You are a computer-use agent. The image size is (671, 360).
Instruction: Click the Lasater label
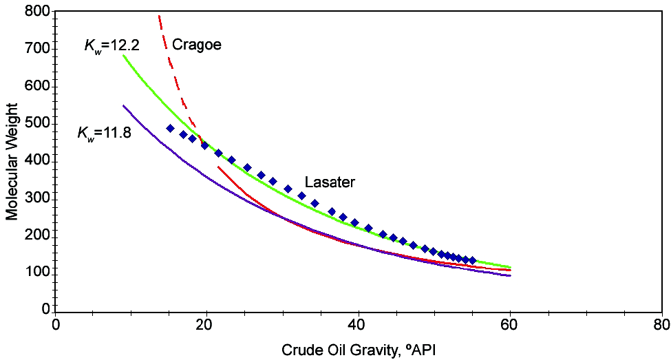point(330,182)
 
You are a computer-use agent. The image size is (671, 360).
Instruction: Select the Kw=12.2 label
point(112,47)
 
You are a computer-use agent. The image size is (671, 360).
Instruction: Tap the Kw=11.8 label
point(108,134)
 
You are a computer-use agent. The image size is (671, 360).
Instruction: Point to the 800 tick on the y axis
point(36,12)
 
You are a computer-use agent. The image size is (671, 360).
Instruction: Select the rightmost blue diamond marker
point(472,260)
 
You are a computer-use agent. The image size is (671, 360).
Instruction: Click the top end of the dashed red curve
point(160,16)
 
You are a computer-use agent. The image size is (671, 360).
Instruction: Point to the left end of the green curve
point(124,56)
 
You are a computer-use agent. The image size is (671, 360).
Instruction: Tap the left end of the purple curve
point(124,106)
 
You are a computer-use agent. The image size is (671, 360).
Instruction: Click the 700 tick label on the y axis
point(36,49)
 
